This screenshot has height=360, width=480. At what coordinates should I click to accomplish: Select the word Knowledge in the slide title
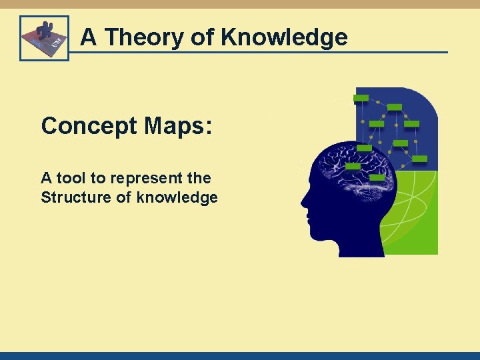pyautogui.click(x=285, y=37)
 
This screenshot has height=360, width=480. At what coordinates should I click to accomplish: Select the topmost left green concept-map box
pyautogui.click(x=361, y=98)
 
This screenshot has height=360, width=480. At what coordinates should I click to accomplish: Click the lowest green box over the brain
pyautogui.click(x=377, y=178)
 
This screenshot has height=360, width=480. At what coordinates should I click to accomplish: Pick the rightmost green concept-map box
pyautogui.click(x=420, y=159)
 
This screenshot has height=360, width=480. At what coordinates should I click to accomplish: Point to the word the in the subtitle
pyautogui.click(x=199, y=178)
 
